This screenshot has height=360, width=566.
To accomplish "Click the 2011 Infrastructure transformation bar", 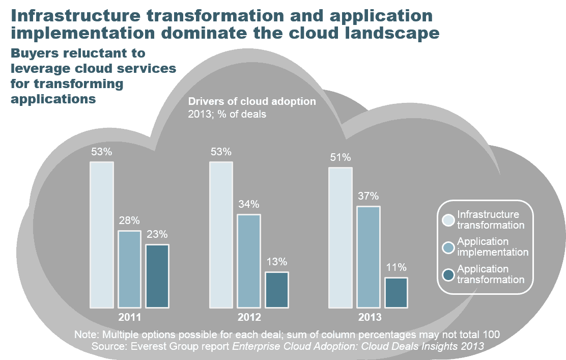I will click(x=102, y=235).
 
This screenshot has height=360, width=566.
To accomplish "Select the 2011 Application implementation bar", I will click(x=129, y=269).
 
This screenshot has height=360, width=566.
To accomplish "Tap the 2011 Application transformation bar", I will click(x=157, y=276).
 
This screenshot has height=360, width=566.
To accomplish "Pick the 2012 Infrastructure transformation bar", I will click(x=221, y=235).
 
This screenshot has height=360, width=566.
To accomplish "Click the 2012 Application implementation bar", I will click(x=249, y=261).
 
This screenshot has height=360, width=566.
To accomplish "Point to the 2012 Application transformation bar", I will click(x=277, y=290).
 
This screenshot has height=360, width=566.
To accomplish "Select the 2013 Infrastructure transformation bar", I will click(x=340, y=238).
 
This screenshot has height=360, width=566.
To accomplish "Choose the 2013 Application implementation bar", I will click(x=368, y=257).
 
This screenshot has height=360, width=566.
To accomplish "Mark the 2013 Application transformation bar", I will click(x=396, y=293).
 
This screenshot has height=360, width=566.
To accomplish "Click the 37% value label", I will click(x=368, y=196).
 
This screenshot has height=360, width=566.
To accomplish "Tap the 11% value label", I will click(x=396, y=267).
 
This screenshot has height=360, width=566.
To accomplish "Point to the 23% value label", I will click(x=157, y=235).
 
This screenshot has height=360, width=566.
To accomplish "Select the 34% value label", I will click(x=249, y=205).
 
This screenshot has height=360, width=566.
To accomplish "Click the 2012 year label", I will click(x=249, y=318).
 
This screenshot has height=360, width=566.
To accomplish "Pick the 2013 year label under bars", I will click(x=370, y=318).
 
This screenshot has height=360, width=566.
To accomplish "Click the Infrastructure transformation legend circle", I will click(x=448, y=220).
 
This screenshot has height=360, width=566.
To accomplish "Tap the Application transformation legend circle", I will click(x=448, y=274).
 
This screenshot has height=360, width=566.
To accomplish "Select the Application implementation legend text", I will click(x=492, y=247).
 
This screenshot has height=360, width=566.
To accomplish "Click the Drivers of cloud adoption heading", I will click(x=252, y=102).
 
